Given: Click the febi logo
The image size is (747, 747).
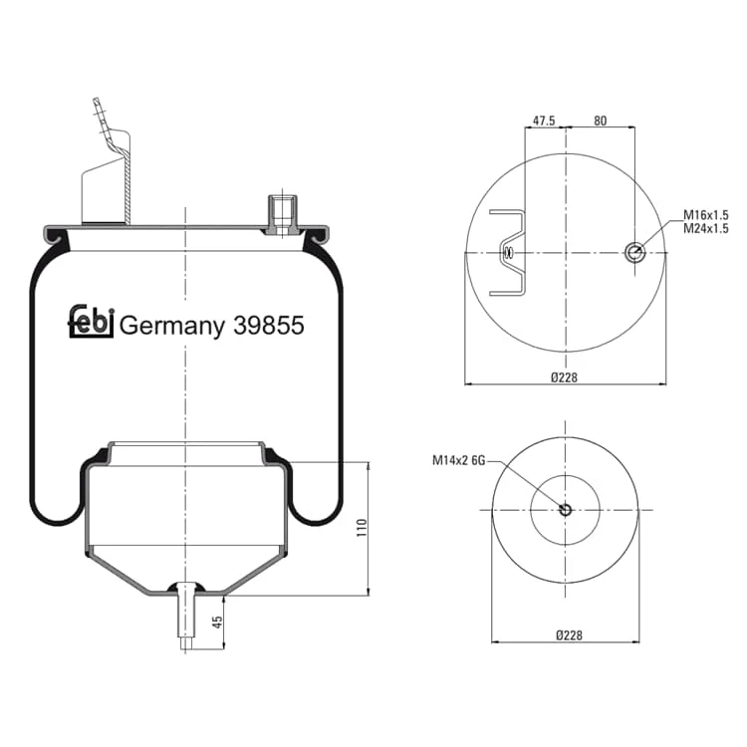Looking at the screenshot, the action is (x=91, y=322).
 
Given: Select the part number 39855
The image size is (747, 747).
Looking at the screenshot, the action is (x=269, y=326).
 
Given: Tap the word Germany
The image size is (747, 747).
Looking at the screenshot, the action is (x=172, y=328).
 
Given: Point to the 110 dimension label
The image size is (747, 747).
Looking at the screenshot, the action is (x=363, y=528).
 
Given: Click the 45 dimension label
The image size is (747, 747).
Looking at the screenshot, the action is (x=217, y=622).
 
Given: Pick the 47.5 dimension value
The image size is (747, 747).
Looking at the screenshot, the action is (x=544, y=121).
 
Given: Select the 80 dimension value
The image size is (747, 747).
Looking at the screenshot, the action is (x=601, y=121).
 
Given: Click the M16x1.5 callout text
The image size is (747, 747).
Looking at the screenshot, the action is (x=706, y=215).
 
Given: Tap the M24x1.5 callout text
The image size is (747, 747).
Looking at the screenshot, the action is (x=706, y=229).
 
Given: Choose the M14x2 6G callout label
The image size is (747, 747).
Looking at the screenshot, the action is (x=459, y=460).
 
